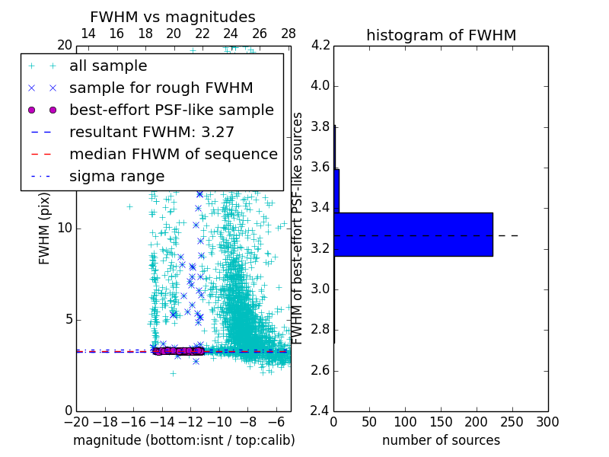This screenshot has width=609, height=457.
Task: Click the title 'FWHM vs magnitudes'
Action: (173, 18)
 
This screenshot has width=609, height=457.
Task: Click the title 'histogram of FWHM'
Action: (441, 35)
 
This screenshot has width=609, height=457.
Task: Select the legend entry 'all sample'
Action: (108, 66)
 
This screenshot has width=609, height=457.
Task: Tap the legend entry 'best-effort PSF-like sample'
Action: (171, 110)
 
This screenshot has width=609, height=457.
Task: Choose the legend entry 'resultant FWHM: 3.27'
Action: (151, 132)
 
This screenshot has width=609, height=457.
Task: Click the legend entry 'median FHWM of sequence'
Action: (173, 154)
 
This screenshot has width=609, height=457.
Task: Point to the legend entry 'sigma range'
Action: (116, 176)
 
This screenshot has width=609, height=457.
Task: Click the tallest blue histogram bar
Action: (413, 234)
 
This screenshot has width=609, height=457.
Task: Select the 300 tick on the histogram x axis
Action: (547, 422)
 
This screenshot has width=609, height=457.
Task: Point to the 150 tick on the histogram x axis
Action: (441, 422)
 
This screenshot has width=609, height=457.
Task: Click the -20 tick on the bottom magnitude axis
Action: (76, 422)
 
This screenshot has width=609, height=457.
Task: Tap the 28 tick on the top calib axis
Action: (289, 34)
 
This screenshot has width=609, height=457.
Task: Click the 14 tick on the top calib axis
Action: (88, 34)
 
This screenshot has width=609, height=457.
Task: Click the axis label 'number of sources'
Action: (441, 440)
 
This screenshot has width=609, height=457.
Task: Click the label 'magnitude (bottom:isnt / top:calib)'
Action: (183, 440)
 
